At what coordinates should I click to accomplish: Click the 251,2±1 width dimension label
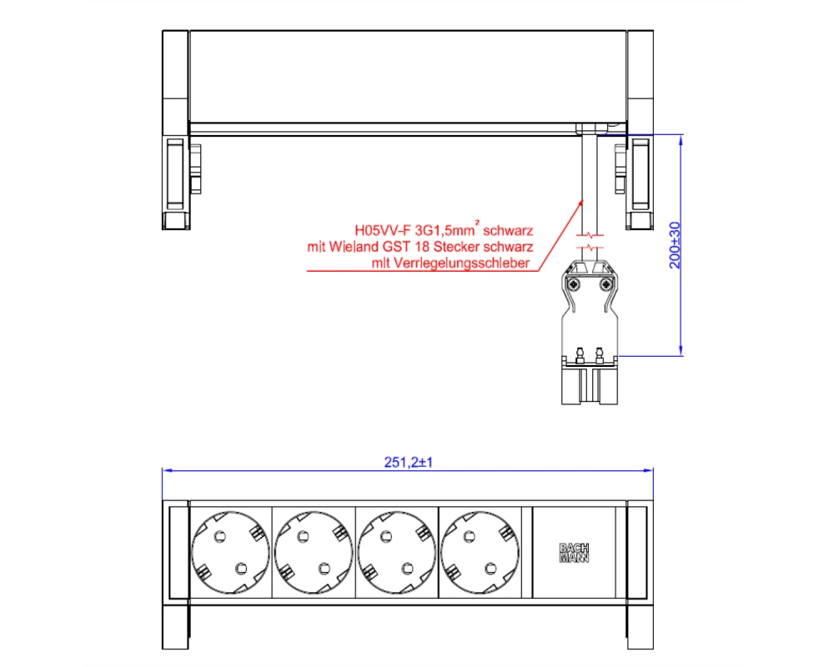409,462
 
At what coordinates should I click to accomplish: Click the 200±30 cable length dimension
675,245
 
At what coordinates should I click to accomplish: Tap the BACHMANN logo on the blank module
574,553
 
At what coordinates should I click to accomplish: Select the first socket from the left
230,553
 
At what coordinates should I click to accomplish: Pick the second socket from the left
314,553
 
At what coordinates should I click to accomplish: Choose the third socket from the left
397,553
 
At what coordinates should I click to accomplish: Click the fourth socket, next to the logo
480,553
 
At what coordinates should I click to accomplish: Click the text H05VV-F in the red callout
383,231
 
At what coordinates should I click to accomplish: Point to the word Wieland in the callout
354,247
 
